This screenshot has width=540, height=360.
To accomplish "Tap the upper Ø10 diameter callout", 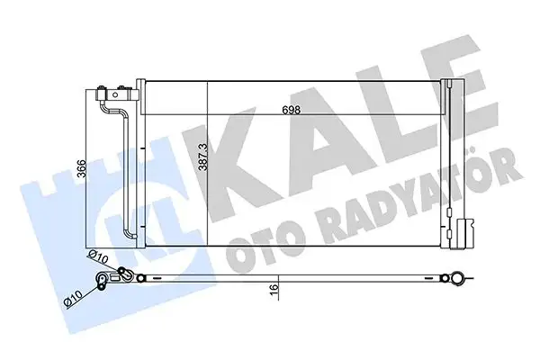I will pos(98,258).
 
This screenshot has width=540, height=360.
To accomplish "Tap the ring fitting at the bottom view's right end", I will pos(460,279).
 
